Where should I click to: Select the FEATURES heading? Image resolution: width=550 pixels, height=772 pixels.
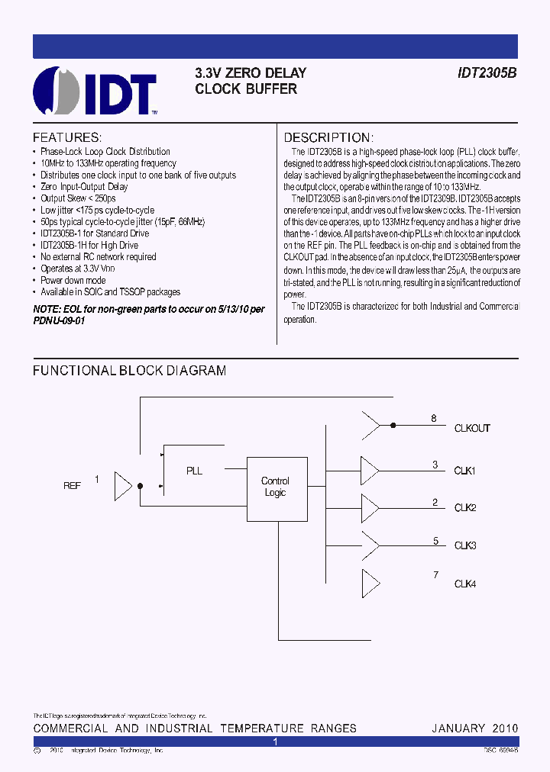[67, 138]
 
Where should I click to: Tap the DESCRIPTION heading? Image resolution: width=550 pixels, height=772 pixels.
[328, 138]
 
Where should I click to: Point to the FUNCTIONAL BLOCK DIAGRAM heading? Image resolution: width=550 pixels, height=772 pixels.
[129, 371]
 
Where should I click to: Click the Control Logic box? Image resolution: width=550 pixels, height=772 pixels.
[275, 487]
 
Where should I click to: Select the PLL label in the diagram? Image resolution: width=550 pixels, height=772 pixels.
[195, 471]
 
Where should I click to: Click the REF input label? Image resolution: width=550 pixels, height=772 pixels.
[72, 485]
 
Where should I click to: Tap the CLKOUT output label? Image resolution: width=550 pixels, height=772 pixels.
[472, 429]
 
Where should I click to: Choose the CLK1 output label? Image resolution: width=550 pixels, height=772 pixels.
[465, 471]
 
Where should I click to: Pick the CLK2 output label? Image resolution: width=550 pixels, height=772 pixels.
[465, 508]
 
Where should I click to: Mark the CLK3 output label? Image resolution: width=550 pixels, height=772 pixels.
[465, 545]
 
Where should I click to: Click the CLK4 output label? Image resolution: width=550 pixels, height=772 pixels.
[465, 584]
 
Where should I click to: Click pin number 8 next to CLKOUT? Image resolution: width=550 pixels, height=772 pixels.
[434, 418]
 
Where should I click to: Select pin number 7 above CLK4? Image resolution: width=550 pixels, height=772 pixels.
[435, 574]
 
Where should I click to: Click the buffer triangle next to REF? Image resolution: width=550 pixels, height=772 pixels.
[122, 484]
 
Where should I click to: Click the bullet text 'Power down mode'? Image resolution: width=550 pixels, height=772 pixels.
[73, 281]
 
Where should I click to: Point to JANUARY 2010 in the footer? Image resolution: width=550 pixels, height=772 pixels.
[474, 729]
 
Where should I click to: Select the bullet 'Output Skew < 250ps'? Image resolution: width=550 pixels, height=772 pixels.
[78, 198]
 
